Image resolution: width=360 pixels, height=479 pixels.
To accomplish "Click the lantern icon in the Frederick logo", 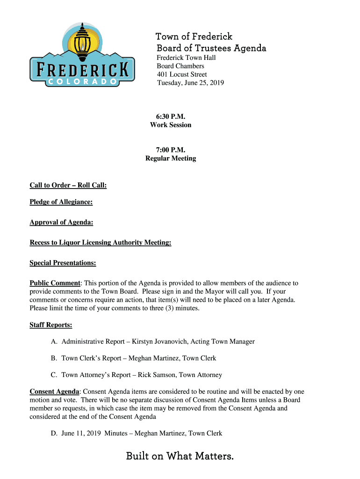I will (x=83, y=40).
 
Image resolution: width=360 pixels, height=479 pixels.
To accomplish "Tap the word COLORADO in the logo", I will (x=83, y=81).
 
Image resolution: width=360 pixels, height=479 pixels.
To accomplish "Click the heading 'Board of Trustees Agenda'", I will (x=211, y=48).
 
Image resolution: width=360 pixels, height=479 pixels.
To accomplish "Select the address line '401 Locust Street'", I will (x=181, y=74).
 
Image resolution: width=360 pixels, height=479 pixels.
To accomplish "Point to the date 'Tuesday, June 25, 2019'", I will (x=190, y=83).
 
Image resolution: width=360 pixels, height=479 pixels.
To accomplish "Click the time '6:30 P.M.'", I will (x=171, y=116).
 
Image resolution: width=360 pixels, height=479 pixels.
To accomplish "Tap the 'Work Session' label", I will (x=171, y=125).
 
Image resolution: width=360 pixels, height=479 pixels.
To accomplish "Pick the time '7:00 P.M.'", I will (x=171, y=150).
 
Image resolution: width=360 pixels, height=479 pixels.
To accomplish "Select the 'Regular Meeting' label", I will (x=171, y=159).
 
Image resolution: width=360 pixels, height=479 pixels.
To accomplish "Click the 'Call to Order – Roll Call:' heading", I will (x=68, y=186).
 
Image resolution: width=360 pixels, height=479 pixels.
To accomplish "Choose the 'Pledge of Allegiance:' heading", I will (x=61, y=202).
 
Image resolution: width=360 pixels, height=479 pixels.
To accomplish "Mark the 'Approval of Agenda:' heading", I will (x=61, y=223).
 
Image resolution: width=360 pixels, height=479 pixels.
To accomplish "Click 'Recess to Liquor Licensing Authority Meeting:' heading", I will (x=100, y=243).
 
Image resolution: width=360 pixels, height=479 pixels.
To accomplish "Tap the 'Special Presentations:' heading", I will (x=63, y=263).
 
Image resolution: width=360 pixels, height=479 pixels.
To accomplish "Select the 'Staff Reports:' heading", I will (x=50, y=325).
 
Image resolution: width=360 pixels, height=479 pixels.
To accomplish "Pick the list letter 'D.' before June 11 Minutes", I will (x=54, y=433).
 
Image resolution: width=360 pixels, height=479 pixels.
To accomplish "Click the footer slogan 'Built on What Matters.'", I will (x=180, y=456).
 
